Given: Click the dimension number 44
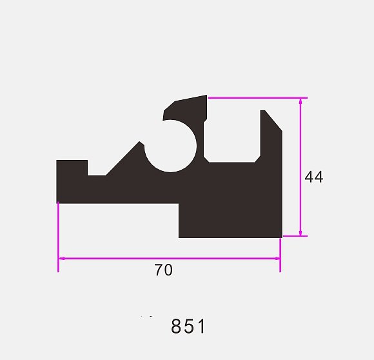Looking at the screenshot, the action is click(314, 177).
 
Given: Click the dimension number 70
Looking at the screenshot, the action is click(163, 270).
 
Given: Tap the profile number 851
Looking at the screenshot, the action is click(188, 326).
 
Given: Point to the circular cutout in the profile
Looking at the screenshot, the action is click(170, 146).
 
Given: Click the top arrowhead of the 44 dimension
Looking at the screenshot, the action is click(300, 101).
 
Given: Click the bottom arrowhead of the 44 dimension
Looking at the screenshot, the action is click(300, 233).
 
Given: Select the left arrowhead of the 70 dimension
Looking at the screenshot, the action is click(62, 258).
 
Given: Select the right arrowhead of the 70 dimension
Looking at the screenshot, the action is click(277, 258).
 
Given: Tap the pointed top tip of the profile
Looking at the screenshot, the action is click(206, 95).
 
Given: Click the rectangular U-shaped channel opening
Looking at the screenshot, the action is click(232, 136).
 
